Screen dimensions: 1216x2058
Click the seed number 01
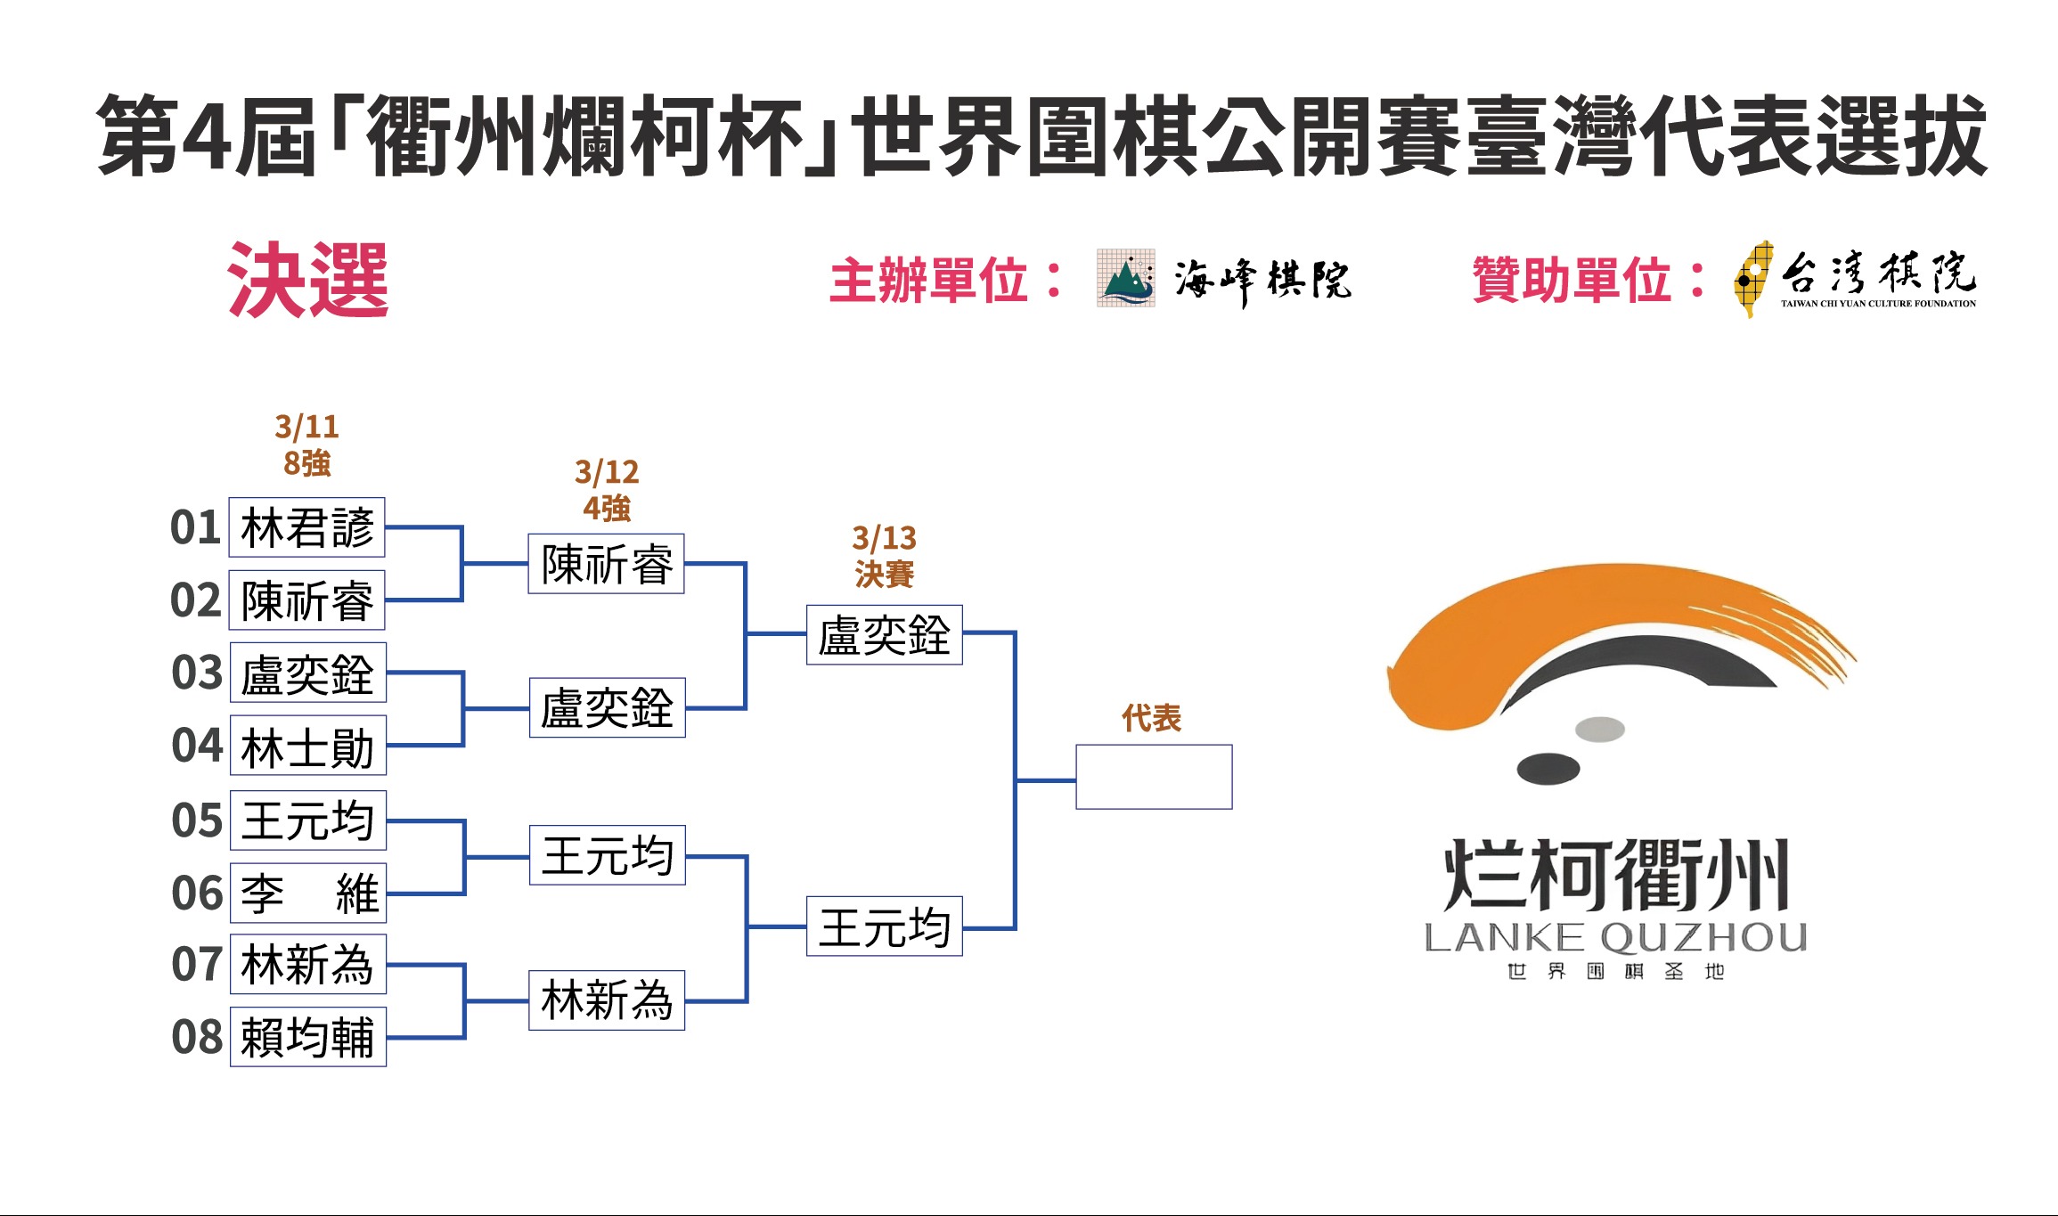(x=195, y=527)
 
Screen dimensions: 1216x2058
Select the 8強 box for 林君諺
(x=306, y=527)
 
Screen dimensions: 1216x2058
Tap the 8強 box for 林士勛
(x=307, y=746)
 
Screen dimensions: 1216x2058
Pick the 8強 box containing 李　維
(x=307, y=893)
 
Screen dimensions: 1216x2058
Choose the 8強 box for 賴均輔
(x=307, y=1036)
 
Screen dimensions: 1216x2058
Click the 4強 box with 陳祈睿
(x=606, y=564)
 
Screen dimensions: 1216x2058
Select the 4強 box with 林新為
(x=606, y=1000)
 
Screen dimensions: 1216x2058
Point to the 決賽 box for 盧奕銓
(x=884, y=635)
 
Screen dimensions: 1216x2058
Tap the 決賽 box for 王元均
(x=884, y=926)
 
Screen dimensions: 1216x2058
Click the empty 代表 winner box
(x=1154, y=777)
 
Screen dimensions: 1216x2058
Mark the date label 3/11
(x=306, y=427)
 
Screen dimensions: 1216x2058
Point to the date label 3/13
(x=884, y=538)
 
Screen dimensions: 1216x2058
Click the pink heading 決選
(x=308, y=280)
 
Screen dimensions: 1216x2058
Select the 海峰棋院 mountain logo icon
(x=1125, y=278)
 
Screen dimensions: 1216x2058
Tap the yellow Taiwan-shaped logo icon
(x=1752, y=278)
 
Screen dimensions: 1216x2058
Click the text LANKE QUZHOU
(x=1615, y=938)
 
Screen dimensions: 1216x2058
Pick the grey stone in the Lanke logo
(x=1600, y=730)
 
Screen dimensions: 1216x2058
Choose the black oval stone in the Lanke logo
(x=1548, y=768)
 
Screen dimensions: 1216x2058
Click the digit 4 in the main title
(x=206, y=136)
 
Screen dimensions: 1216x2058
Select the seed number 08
(x=197, y=1037)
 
